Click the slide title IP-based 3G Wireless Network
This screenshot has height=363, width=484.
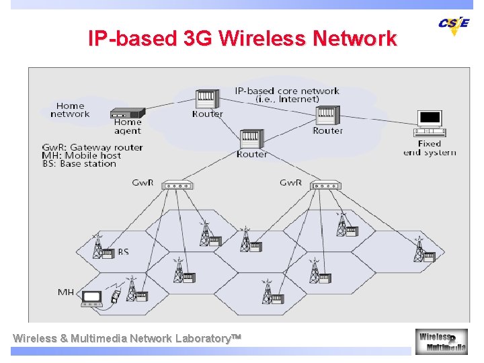242,38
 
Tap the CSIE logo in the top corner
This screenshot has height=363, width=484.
454,25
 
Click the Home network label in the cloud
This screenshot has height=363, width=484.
70,110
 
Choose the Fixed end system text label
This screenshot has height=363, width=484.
429,148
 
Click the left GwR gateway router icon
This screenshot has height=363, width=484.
178,185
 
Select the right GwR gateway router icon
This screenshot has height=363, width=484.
327,185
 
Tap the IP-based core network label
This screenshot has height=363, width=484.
287,95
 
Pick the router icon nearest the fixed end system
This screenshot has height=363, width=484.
327,116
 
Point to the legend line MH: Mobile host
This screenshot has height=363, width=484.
81,155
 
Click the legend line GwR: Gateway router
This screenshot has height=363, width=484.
92,147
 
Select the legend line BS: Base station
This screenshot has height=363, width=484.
79,163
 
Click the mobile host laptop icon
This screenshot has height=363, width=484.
91,298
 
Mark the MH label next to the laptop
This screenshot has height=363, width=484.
66,292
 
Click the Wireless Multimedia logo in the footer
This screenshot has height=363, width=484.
441,341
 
